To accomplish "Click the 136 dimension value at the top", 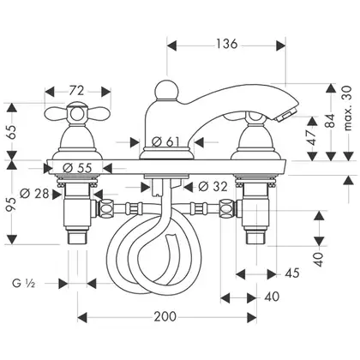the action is [226, 44].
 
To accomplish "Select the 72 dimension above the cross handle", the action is [76, 91].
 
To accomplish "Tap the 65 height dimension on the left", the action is [12, 132].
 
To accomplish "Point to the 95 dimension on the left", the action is [12, 204].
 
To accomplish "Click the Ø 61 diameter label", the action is [165, 141].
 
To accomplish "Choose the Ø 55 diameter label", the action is [77, 168].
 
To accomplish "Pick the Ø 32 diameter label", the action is [213, 187].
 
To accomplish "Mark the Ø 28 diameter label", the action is [34, 194].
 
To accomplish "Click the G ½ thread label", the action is [23, 284].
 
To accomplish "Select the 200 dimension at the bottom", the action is [165, 316].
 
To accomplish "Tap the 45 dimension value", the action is [292, 273].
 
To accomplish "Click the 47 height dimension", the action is [313, 138].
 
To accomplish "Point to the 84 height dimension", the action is [331, 121].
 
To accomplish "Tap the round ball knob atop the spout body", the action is [166, 90].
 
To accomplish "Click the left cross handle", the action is [77, 113].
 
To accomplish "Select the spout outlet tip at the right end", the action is [286, 117].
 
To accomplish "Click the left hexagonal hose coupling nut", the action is [105, 209].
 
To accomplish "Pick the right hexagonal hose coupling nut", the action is [227, 209].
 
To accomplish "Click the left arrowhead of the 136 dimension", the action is [172, 45].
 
